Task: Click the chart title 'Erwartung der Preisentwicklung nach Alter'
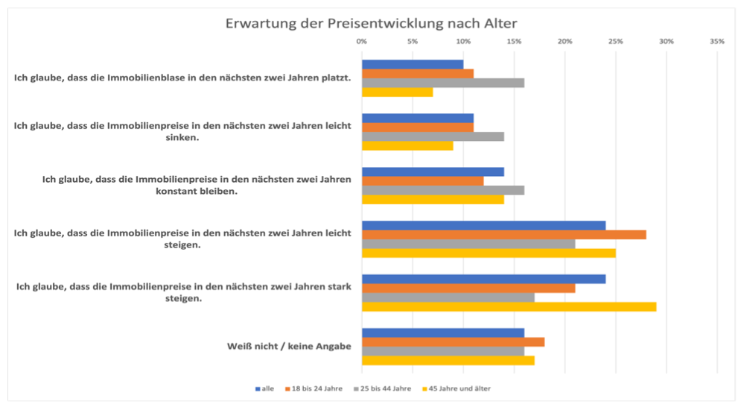371,23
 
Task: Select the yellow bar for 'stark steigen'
509,306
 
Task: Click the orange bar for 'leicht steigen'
503,235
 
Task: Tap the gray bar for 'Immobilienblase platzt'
442,83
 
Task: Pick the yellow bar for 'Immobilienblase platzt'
397,92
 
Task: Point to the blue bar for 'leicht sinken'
417,118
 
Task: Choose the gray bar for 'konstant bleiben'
442,190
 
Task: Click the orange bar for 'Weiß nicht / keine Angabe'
453,342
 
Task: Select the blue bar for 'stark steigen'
483,279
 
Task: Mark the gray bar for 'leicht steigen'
468,244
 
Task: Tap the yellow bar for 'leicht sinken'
407,146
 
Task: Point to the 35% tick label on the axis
717,42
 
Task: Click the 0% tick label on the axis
362,42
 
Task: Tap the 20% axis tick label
565,42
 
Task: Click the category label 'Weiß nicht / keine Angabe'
289,346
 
